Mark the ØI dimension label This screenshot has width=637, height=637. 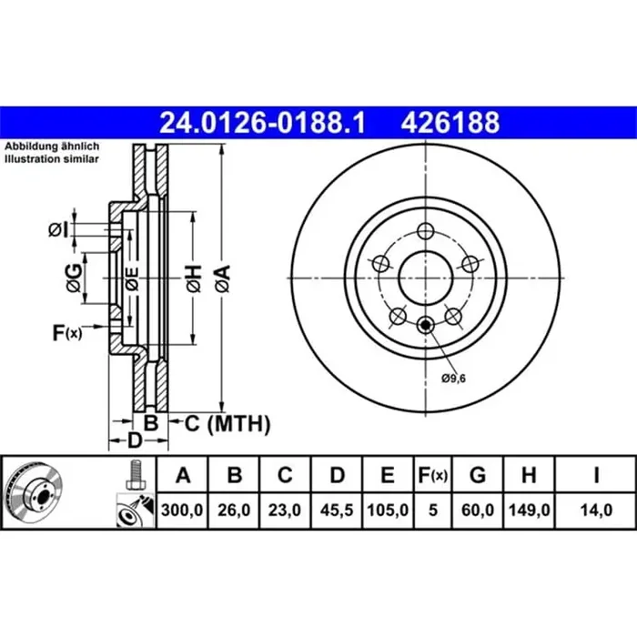[57, 229]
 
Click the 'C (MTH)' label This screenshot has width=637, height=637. [228, 423]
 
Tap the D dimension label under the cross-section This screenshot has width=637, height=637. [134, 442]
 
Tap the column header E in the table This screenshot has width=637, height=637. [388, 476]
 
